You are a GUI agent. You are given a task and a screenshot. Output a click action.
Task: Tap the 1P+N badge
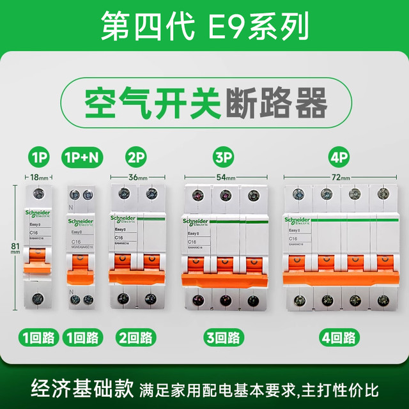click(x=81, y=157)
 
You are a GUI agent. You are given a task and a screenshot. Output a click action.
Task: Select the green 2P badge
click(x=134, y=157)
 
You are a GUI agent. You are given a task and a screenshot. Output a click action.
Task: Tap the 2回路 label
click(x=134, y=337)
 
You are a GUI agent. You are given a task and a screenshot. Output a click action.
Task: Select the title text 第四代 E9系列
click(x=204, y=25)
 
